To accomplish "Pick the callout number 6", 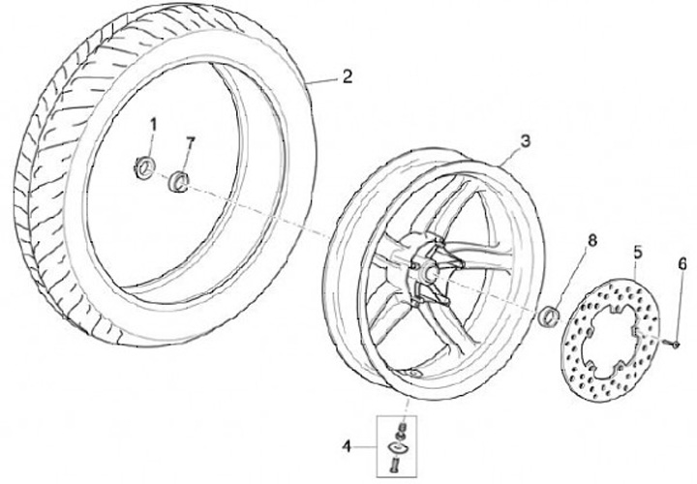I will pyautogui.click(x=682, y=263).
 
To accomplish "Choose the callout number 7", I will pyautogui.click(x=191, y=142).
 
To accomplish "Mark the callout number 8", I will pyautogui.click(x=592, y=238).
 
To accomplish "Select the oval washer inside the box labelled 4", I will pyautogui.click(x=398, y=446).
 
